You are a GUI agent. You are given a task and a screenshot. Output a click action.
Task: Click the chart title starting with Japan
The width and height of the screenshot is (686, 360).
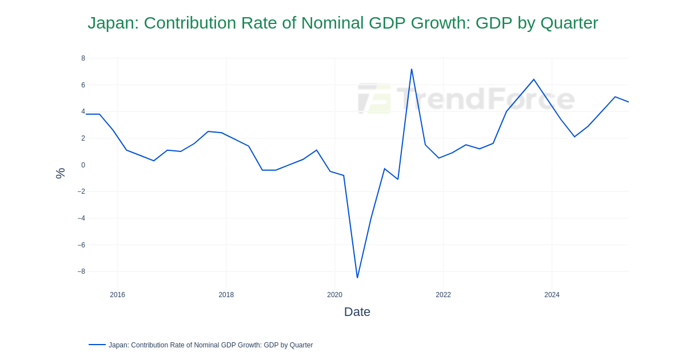pos(342,23)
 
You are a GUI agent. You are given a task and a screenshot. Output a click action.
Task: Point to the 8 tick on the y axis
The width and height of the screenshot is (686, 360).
pos(83,58)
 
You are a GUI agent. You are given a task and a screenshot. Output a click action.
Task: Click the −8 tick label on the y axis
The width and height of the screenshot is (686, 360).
pos(81,271)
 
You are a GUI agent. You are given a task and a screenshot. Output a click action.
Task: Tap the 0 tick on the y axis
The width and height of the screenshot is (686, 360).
pos(83,165)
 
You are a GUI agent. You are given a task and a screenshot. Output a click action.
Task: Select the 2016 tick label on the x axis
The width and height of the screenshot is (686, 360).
pos(117,295)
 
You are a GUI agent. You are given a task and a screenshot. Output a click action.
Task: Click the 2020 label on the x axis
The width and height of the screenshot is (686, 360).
pos(334,295)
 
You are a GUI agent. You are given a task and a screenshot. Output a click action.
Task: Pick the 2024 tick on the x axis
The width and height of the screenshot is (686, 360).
pos(552,295)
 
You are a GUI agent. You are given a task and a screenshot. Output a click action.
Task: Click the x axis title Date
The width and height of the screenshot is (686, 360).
pos(357,312)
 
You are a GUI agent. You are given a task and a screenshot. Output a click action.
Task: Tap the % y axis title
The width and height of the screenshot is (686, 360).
pos(60,173)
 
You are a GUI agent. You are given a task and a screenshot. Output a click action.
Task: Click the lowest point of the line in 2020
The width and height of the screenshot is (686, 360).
pos(357,278)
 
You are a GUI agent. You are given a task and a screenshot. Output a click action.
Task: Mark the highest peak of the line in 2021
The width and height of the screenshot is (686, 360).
pos(412,69)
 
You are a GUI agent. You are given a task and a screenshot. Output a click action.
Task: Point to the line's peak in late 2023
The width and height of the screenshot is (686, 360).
pos(534,79)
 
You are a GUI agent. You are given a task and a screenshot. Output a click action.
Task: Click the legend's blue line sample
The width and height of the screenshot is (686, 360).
pos(97,345)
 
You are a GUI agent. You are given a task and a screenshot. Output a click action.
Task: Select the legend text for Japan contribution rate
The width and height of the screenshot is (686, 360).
pos(210,345)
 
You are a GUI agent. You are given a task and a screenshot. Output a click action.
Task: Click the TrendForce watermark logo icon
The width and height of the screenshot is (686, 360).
pos(374,99)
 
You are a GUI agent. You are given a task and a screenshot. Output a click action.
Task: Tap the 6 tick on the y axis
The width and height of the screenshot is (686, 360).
pos(83,85)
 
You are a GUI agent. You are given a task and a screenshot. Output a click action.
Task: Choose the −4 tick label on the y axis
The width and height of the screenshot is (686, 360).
pos(81,218)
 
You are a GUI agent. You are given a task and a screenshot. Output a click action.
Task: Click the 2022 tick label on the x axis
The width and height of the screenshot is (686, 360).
pos(443,295)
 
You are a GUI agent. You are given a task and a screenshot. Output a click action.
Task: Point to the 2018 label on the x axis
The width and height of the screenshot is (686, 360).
pos(226,295)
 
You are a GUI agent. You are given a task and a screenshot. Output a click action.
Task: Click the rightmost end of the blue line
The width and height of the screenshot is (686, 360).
pos(628,102)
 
